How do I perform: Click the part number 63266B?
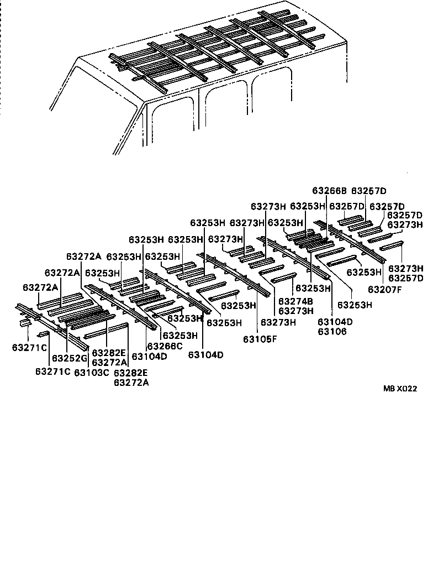point(329,191)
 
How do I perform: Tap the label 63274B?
point(296,301)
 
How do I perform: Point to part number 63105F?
point(260,339)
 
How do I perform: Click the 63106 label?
point(332,332)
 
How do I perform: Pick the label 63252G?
point(70,358)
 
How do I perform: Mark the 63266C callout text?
point(165,347)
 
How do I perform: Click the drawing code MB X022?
point(400,389)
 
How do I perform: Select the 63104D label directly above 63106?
point(335,322)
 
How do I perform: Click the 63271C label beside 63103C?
point(53,371)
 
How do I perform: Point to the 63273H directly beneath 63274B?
point(296,311)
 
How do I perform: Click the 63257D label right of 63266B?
point(369,191)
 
